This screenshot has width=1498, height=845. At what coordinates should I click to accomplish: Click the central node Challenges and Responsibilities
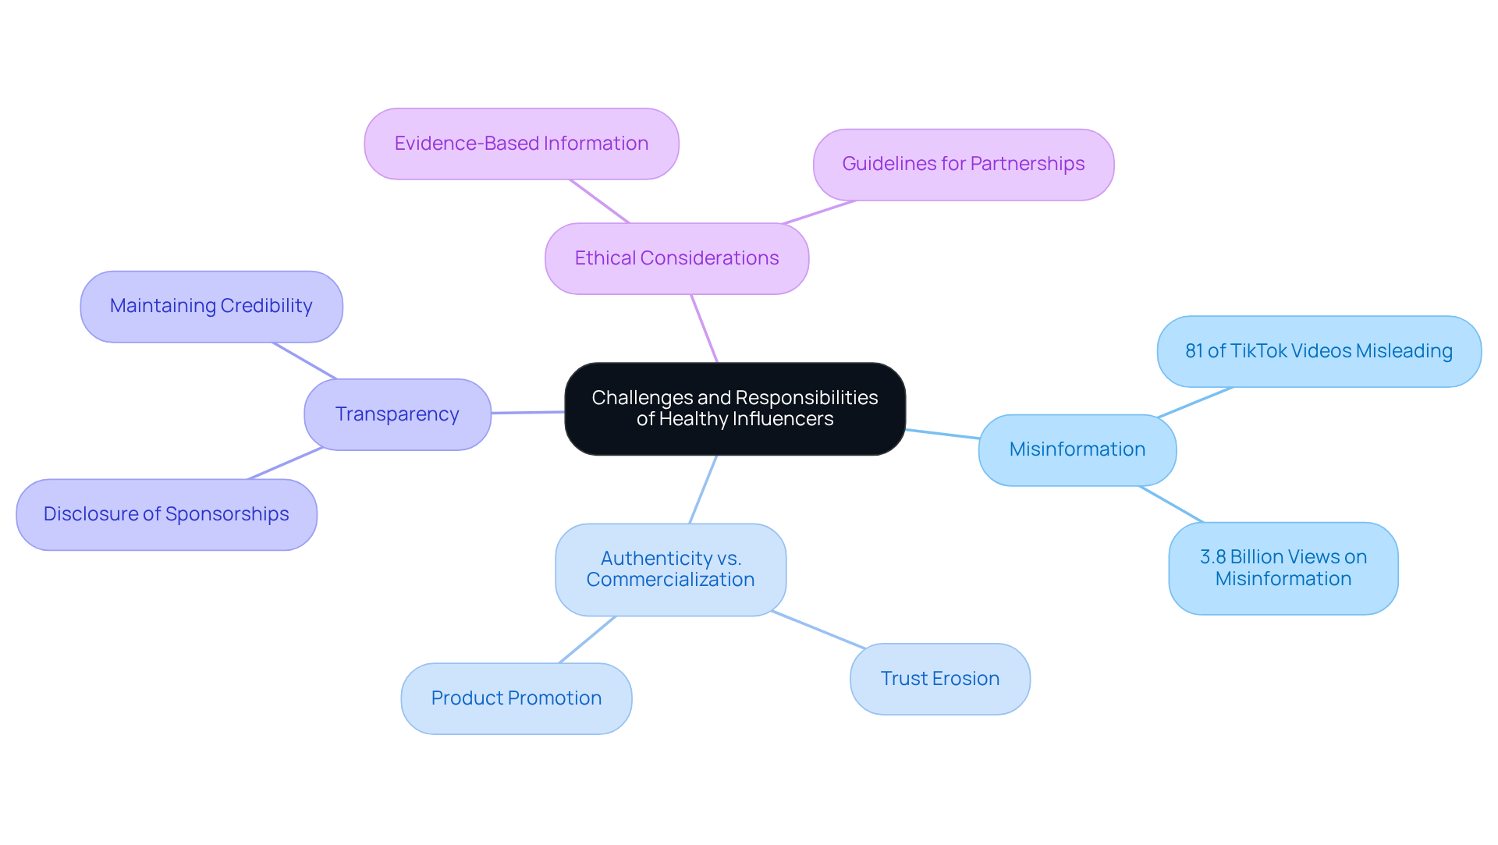(x=734, y=408)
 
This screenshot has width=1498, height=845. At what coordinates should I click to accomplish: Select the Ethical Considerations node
(x=676, y=258)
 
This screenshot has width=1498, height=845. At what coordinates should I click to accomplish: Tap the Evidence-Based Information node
(x=521, y=144)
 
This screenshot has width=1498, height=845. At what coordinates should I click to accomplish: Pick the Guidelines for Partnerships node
(x=963, y=164)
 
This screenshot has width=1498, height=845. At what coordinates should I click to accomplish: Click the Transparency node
(x=397, y=414)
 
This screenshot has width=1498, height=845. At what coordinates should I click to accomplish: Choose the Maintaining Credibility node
(x=211, y=306)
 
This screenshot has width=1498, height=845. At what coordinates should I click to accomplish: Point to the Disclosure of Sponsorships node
(x=166, y=514)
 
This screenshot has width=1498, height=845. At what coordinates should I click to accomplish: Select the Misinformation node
(x=1077, y=449)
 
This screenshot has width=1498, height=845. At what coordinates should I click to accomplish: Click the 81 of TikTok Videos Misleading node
(x=1319, y=351)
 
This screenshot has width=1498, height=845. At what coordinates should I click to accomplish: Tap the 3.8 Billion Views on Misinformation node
(x=1283, y=568)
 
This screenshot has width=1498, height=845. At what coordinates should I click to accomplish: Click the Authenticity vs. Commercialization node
(x=670, y=569)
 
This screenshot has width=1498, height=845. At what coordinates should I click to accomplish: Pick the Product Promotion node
(x=516, y=698)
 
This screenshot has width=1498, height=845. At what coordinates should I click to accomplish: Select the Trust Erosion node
(x=939, y=679)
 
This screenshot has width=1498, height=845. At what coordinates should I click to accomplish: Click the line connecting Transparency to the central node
(x=527, y=412)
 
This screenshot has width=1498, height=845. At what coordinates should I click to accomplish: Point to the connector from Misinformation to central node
(x=942, y=434)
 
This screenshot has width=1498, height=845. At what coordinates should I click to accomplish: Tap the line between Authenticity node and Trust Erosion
(x=818, y=630)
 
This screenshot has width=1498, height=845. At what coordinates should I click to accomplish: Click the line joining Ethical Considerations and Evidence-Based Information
(x=599, y=201)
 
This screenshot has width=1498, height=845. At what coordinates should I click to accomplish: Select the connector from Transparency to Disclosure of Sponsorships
(x=286, y=463)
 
